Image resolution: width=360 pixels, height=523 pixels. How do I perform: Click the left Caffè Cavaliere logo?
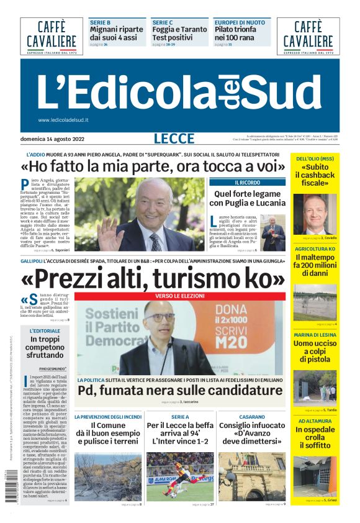pyautogui.click(x=51, y=36)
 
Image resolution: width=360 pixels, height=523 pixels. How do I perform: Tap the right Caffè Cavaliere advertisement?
pyautogui.click(x=308, y=36)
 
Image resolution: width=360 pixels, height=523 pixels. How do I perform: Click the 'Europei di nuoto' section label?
pyautogui.click(x=239, y=22)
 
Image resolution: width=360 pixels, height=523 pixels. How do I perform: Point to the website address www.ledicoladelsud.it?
pyautogui.click(x=63, y=120)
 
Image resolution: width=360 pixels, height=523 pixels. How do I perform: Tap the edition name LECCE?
pyautogui.click(x=174, y=139)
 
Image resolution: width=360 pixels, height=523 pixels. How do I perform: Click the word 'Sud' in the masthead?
pyautogui.click(x=285, y=92)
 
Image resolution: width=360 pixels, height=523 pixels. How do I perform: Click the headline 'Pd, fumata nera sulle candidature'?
pyautogui.click(x=180, y=390)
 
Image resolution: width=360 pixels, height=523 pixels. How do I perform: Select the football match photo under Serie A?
pyautogui.click(x=179, y=476)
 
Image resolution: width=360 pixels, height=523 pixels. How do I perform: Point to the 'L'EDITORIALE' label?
pyautogui.click(x=45, y=331)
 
